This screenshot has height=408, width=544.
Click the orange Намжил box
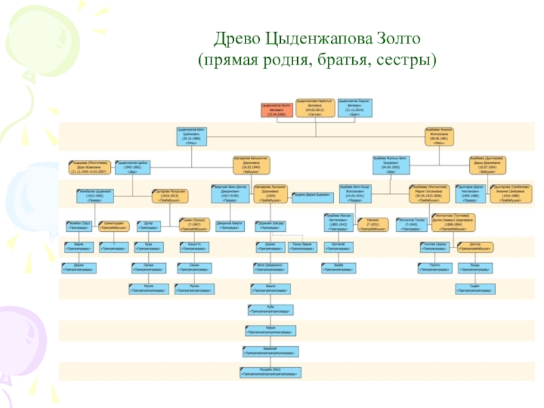pyautogui.click(x=373, y=224)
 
